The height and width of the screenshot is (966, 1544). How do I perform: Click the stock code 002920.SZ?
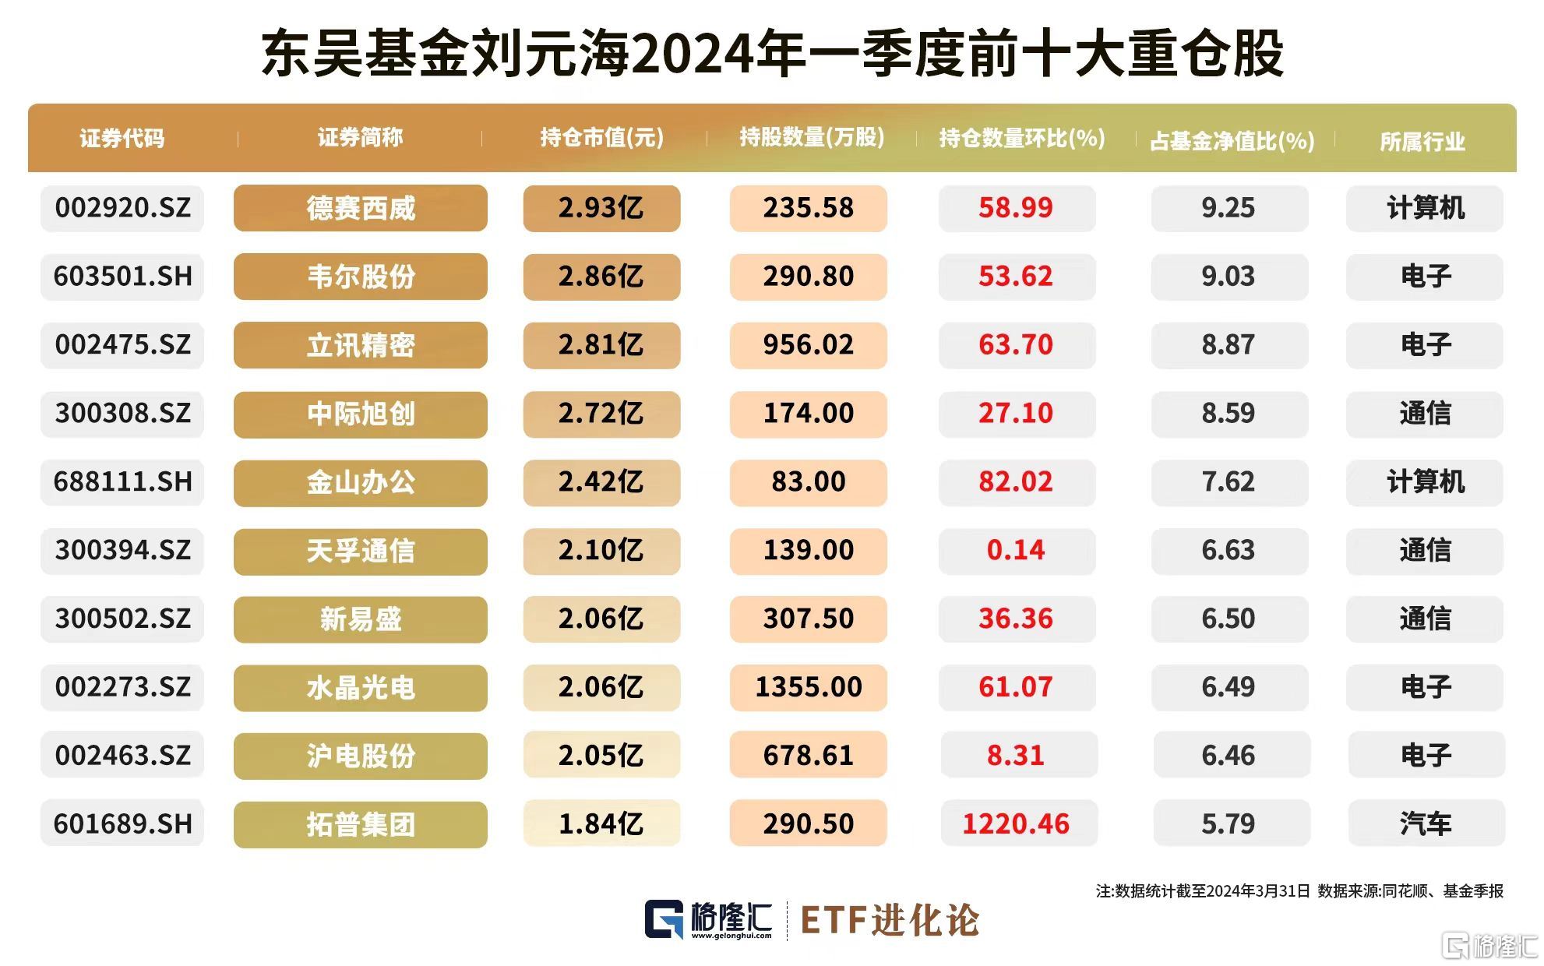tap(122, 208)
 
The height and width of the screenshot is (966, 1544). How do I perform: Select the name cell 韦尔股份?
tap(360, 277)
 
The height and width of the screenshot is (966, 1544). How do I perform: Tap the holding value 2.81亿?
tap(601, 344)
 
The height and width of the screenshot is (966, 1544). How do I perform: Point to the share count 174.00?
tap(808, 413)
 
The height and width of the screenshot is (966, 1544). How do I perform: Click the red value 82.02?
tap(1015, 481)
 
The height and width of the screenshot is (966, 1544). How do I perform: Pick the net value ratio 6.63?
tap(1228, 550)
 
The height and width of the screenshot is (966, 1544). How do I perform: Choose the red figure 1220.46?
tap(1016, 823)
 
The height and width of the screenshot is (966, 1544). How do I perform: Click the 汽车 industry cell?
tap(1425, 823)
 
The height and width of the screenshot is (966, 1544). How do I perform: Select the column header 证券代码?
tap(122, 139)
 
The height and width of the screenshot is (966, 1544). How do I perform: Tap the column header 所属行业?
tap(1422, 141)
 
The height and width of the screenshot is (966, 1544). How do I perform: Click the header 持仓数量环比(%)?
tap(1021, 139)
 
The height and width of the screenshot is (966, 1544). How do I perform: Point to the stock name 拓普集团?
tap(360, 824)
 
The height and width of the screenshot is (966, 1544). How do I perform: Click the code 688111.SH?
tap(122, 481)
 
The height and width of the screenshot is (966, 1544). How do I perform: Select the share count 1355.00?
tap(808, 687)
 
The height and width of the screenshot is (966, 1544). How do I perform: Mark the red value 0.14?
tap(1015, 550)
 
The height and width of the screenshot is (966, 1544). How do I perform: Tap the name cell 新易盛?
tap(360, 619)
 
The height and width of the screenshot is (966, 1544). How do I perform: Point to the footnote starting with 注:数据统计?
tap(1299, 890)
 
